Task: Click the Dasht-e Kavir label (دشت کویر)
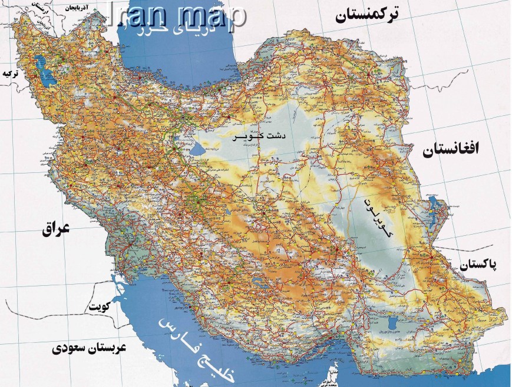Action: tap(260, 136)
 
